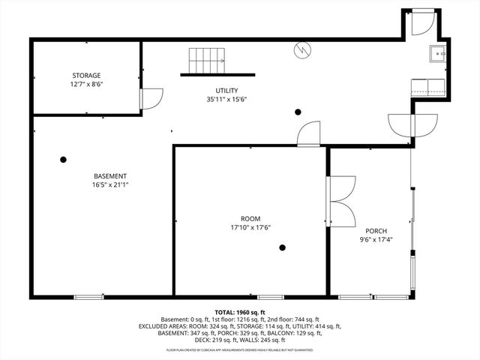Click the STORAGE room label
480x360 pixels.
click(86, 75)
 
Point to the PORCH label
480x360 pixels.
click(376, 230)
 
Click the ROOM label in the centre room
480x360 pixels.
click(250, 218)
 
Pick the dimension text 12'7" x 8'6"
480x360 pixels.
click(86, 84)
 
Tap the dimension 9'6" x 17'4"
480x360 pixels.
click(376, 240)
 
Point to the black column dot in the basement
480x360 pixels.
click(63, 159)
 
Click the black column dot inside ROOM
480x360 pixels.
click(283, 247)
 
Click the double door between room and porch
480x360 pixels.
click(341, 200)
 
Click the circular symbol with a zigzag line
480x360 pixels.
click(302, 49)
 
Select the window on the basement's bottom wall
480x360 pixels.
click(88, 297)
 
